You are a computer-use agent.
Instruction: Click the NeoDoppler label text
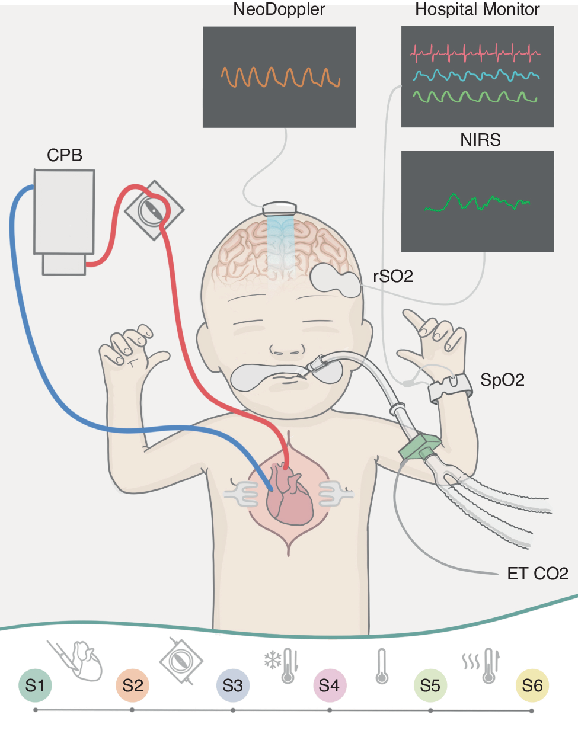pyautogui.click(x=279, y=9)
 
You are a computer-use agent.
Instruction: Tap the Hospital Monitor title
pyautogui.click(x=477, y=9)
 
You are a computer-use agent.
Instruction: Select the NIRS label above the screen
pyautogui.click(x=480, y=140)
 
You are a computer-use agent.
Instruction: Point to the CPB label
pyautogui.click(x=65, y=155)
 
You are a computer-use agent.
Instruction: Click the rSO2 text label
pyautogui.click(x=392, y=276)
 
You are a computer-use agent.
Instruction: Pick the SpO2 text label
pyautogui.click(x=502, y=380)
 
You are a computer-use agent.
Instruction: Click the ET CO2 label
pyautogui.click(x=537, y=574)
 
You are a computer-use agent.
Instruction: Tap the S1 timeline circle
pyautogui.click(x=35, y=685)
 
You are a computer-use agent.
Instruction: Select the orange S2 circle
pyautogui.click(x=133, y=685)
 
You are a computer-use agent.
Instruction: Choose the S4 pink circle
pyautogui.click(x=329, y=685)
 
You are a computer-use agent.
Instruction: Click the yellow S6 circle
pyautogui.click(x=532, y=685)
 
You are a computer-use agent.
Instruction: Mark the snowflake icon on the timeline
pyautogui.click(x=273, y=660)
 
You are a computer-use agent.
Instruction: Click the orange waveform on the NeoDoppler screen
pyautogui.click(x=280, y=77)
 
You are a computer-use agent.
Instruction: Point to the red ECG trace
pyautogui.click(x=474, y=54)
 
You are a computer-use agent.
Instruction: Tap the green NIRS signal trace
pyautogui.click(x=477, y=203)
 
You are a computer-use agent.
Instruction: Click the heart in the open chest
pyautogui.click(x=289, y=495)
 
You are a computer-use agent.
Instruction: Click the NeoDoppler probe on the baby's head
pyautogui.click(x=279, y=208)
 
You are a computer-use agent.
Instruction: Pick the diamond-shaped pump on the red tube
pyautogui.click(x=154, y=210)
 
